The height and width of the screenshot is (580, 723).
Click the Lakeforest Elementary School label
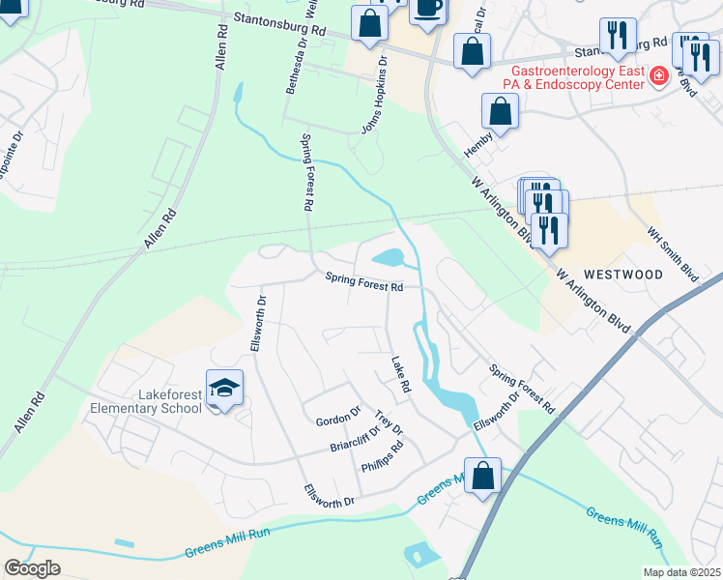[146, 401]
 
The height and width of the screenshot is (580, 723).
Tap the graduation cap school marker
[224, 389]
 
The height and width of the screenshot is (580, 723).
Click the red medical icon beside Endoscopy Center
[658, 75]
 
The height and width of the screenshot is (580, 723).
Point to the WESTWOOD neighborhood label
[622, 275]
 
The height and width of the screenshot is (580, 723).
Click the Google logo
[32, 567]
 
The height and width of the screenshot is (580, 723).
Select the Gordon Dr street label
[337, 418]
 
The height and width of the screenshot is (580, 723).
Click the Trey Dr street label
[388, 423]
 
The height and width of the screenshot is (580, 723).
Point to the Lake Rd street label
[401, 374]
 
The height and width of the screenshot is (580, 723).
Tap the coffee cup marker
[428, 7]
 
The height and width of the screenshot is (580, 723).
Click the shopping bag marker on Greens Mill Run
[482, 477]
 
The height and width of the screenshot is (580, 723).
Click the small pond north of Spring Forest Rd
[388, 258]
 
